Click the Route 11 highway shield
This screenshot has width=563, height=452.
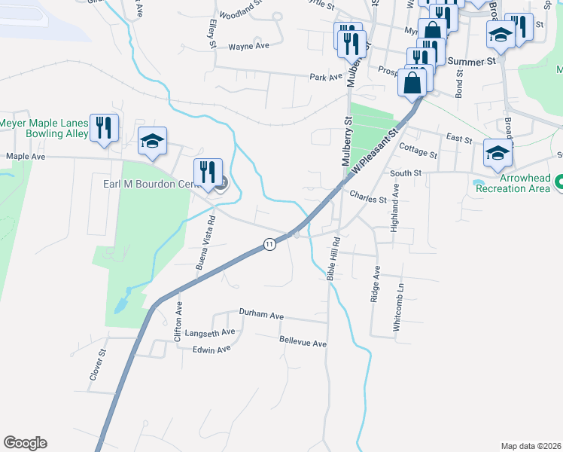(x=269, y=243)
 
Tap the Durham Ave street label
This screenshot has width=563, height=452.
(x=260, y=312)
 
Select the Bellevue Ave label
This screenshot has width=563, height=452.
(x=303, y=343)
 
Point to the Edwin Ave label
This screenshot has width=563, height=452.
(x=212, y=350)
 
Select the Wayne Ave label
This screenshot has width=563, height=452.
(x=248, y=46)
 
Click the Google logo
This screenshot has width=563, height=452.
(x=25, y=443)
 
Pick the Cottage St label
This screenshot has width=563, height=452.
(x=418, y=153)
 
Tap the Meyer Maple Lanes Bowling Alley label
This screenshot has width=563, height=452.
(x=43, y=128)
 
